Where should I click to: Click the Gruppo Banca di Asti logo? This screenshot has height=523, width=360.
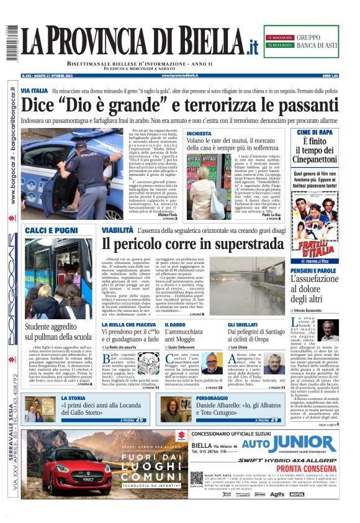point(309,42)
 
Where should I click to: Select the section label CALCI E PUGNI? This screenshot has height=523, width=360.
point(51,230)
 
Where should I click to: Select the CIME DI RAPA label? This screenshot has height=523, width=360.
point(317,132)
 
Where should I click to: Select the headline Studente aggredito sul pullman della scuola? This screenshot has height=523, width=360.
point(58,332)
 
